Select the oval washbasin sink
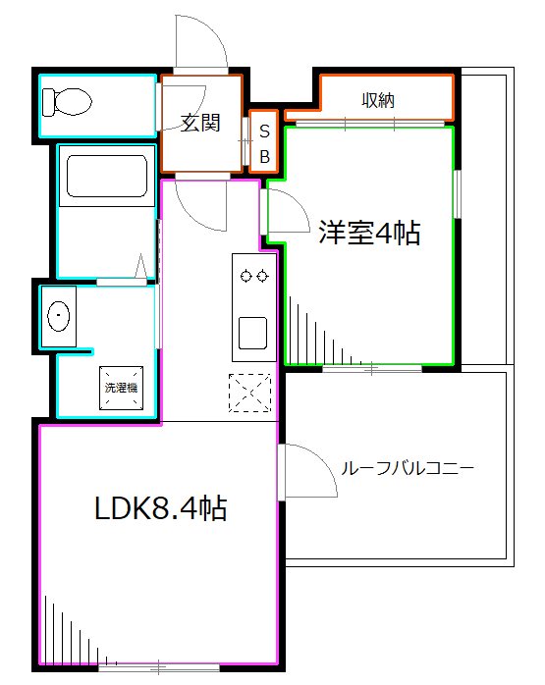(x=60, y=316)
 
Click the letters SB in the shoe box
(x=264, y=143)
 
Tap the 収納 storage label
(x=377, y=99)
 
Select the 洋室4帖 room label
(x=368, y=233)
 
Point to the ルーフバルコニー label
(x=407, y=468)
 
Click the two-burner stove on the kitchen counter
(x=250, y=275)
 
